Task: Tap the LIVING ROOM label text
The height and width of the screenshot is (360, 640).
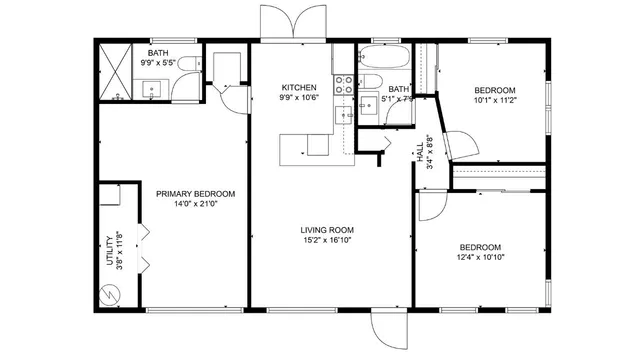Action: point(328,229)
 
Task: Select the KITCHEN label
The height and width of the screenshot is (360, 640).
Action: point(299,86)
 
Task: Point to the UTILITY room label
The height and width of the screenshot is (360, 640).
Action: point(110,249)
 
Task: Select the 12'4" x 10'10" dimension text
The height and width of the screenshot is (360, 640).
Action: point(480,257)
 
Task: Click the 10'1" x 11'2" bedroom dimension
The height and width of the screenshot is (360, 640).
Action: point(494,100)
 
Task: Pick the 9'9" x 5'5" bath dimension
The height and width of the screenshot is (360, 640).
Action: point(158,63)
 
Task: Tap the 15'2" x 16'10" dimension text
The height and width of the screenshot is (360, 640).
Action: point(328,240)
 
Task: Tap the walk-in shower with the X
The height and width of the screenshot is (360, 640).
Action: point(117,71)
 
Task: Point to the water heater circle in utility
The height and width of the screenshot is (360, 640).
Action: point(108,296)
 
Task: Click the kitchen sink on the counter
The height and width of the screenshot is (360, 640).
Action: point(346,115)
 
